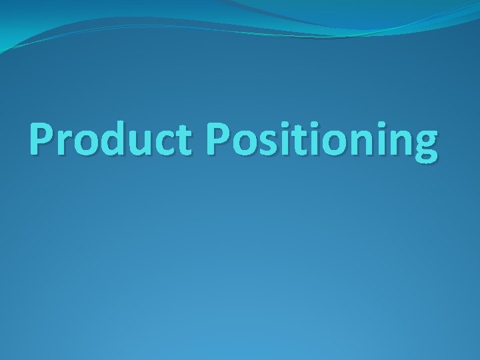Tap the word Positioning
[322, 141]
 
